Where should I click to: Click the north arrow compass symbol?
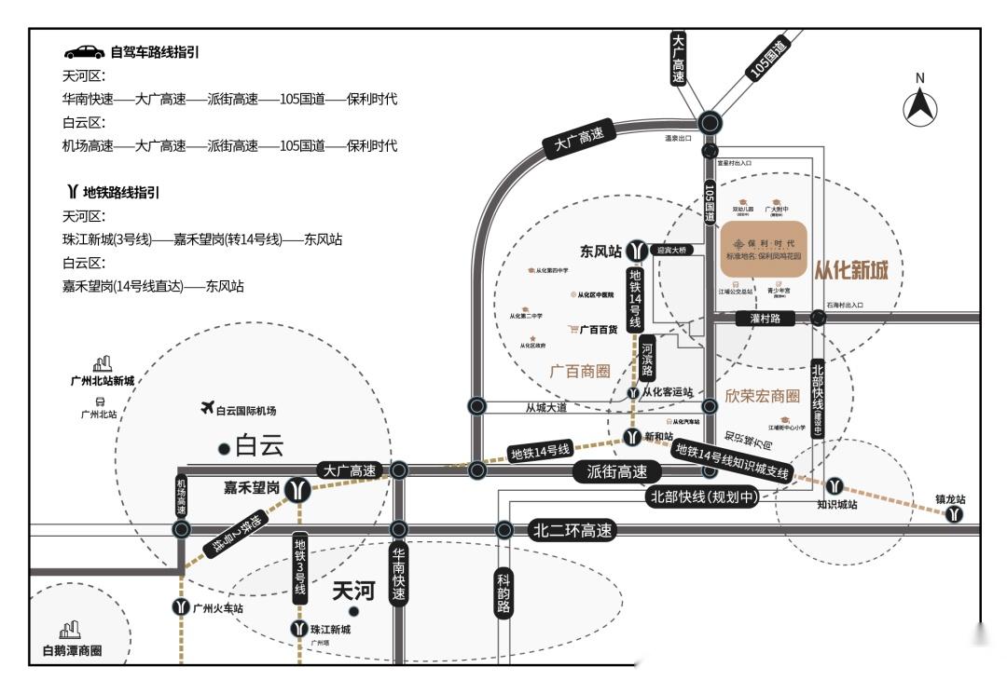click(x=919, y=104)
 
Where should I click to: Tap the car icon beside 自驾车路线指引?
click(x=84, y=52)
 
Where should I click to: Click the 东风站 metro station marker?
click(x=637, y=251)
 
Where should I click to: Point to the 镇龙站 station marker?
click(x=954, y=514)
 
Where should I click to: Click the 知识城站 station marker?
click(x=835, y=485)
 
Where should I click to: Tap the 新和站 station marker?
click(x=633, y=436)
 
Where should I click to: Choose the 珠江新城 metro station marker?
click(x=298, y=630)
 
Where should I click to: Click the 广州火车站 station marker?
click(x=181, y=607)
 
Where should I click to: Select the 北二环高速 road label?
click(x=572, y=531)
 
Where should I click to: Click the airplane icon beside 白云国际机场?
click(x=207, y=408)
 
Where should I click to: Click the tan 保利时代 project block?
click(x=763, y=248)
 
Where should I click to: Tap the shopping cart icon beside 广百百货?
click(x=573, y=329)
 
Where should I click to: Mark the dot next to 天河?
click(x=353, y=611)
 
